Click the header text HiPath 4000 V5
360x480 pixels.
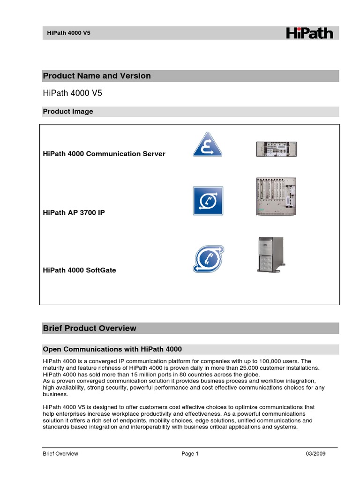pyautogui.click(x=69, y=33)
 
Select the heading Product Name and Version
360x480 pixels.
pyautogui.click(x=97, y=76)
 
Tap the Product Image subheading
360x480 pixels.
pyautogui.click(x=68, y=112)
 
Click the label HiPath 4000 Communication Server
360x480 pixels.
pyautogui.click(x=104, y=154)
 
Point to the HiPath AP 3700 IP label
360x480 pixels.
pyautogui.click(x=74, y=213)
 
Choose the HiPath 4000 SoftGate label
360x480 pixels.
pyautogui.click(x=79, y=270)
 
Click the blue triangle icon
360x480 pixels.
pyautogui.click(x=208, y=144)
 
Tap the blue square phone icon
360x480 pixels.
pyautogui.click(x=208, y=201)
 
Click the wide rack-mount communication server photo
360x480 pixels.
pyautogui.click(x=276, y=149)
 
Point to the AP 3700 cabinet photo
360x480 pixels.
pyautogui.click(x=276, y=196)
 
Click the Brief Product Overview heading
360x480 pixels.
pyautogui.click(x=90, y=328)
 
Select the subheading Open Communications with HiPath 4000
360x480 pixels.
pyautogui.click(x=112, y=349)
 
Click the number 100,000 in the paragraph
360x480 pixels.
pyautogui.click(x=269, y=361)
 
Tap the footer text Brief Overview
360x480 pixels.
pyautogui.click(x=60, y=454)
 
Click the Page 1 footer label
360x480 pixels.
pyautogui.click(x=190, y=454)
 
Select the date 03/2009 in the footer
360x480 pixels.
pyautogui.click(x=315, y=454)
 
